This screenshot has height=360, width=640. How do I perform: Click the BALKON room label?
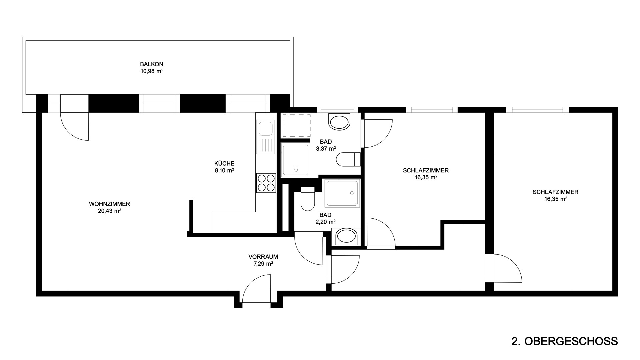tap(152, 64)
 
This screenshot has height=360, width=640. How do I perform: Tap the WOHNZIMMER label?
tap(109, 204)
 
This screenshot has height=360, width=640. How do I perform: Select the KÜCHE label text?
tap(224, 163)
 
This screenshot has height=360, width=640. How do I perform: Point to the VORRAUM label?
tap(263, 257)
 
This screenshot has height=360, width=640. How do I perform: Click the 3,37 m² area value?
tap(326, 149)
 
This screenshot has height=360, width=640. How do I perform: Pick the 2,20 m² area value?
tap(325, 222)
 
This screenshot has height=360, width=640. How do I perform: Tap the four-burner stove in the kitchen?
tap(266, 183)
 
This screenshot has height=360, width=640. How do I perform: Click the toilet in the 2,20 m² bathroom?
tap(307, 199)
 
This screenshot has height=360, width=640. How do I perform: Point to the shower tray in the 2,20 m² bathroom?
tap(343, 193)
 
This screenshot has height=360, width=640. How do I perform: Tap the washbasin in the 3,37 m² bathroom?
tap(340, 122)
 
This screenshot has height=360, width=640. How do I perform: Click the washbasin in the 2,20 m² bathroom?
tap(346, 237)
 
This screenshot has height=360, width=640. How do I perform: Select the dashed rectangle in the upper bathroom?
tap(296, 126)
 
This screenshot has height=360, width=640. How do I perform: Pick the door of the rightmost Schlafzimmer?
tap(503, 268)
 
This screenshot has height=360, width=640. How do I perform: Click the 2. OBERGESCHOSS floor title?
tap(564, 342)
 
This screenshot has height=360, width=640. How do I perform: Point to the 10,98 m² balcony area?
tap(152, 71)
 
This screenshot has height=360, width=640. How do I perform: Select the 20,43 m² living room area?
tap(109, 211)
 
